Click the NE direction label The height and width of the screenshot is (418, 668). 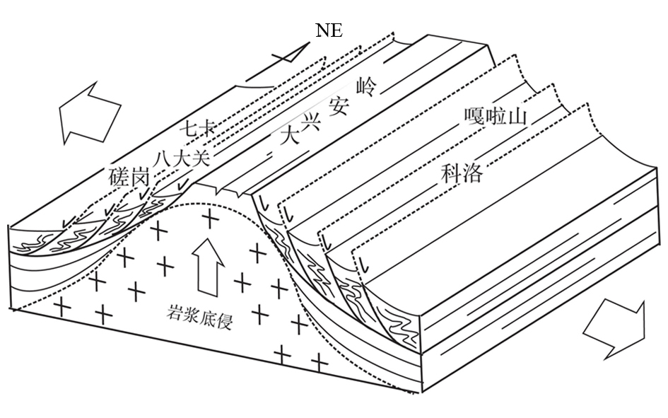pos(329,31)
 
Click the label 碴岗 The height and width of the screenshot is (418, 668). pos(129,178)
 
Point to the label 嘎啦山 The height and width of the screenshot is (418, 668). pos(497,116)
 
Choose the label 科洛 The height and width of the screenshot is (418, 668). pos(462,173)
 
